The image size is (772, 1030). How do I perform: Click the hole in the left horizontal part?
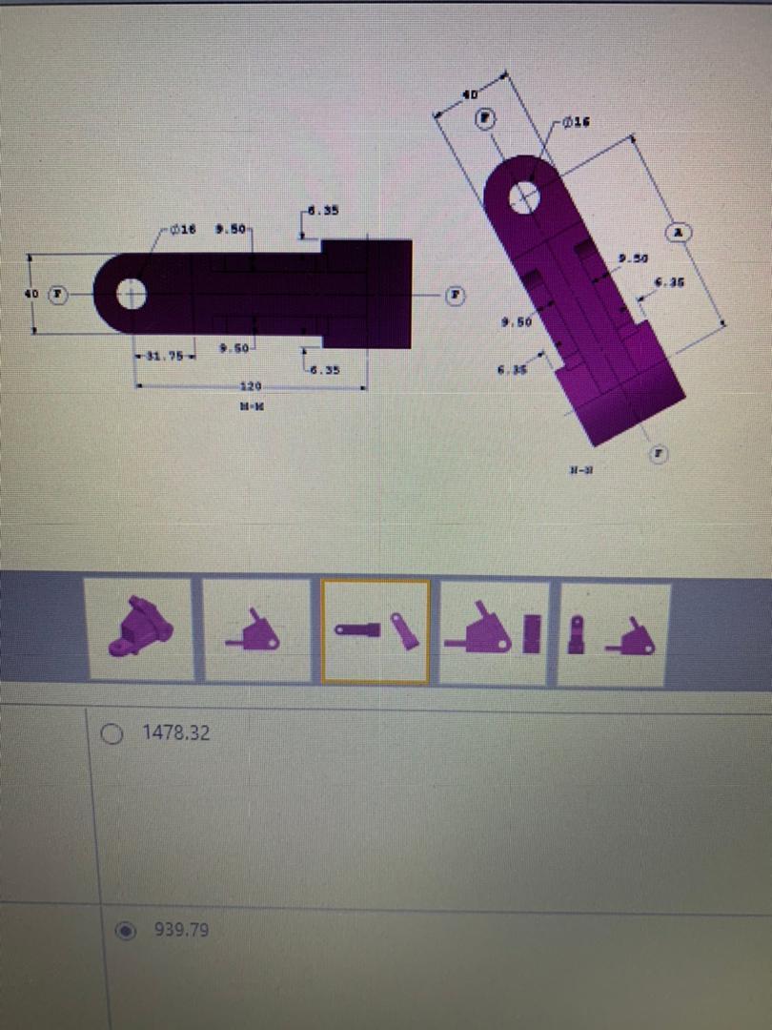[x=132, y=295]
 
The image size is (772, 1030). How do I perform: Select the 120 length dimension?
[x=251, y=387]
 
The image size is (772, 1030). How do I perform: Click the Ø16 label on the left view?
[x=183, y=230]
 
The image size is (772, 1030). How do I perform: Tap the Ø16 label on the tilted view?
[x=577, y=122]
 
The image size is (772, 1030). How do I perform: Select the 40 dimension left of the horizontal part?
[x=31, y=295]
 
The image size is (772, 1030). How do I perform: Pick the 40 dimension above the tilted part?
[x=469, y=95]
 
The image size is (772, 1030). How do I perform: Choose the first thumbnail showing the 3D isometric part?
[x=141, y=629]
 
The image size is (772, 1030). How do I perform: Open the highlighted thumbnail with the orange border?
[x=376, y=630]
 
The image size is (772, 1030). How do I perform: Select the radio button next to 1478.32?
[x=112, y=733]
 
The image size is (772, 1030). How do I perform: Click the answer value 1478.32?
[x=176, y=733]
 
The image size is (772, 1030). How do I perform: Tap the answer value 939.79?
[x=181, y=930]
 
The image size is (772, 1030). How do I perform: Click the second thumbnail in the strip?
[x=256, y=630]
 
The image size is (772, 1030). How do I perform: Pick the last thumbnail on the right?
[x=613, y=633]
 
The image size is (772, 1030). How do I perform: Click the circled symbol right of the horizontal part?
[x=457, y=295]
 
